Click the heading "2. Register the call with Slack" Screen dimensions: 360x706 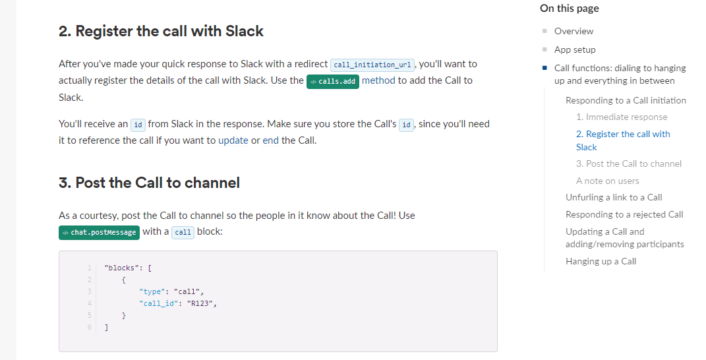[161, 31]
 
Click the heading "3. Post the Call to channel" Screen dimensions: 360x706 [149, 183]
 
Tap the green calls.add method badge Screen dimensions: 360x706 [333, 81]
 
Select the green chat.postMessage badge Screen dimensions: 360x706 [99, 232]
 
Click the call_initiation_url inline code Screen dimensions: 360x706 [372, 65]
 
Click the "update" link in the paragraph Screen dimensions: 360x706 [233, 140]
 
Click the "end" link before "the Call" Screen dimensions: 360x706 [270, 140]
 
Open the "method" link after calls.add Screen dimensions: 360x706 [378, 80]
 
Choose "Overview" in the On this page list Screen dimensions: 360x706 [574, 31]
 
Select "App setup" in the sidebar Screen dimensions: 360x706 [575, 49]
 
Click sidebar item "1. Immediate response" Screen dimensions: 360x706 [622, 117]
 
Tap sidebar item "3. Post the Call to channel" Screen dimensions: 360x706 [629, 164]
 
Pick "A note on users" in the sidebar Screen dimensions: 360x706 [608, 181]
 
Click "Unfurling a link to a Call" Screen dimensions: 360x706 [614, 197]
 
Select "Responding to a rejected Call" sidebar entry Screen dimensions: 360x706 [624, 214]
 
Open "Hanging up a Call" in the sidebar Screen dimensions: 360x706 [601, 261]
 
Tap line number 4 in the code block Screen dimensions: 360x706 [88, 304]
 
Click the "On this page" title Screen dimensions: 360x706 [570, 9]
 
